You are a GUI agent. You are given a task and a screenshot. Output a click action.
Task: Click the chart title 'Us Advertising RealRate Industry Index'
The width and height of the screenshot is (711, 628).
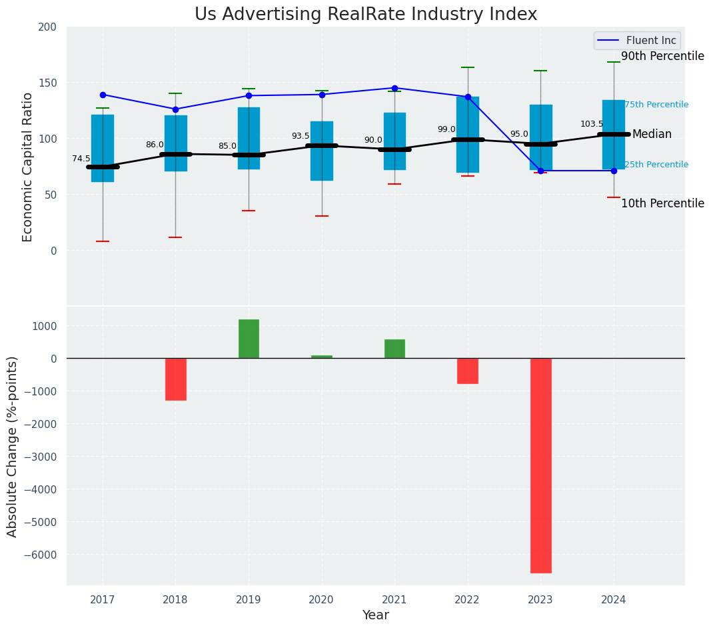tap(366, 15)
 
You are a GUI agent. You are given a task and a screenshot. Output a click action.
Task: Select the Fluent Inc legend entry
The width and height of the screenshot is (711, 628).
tap(638, 41)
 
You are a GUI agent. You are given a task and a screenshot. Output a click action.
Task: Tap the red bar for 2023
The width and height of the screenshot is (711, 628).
tap(540, 465)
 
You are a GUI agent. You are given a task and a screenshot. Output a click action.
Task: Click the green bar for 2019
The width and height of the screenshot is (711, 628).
tap(249, 339)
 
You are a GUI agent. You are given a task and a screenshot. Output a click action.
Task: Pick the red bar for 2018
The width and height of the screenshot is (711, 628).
tap(176, 379)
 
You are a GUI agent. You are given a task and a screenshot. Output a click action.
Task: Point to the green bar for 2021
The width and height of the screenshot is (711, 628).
tap(394, 349)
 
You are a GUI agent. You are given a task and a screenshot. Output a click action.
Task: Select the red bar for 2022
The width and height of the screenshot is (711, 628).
tap(468, 371)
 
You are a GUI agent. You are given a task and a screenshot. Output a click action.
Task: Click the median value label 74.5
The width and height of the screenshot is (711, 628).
tap(81, 159)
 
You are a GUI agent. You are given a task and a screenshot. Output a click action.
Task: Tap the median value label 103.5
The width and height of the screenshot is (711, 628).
tap(592, 124)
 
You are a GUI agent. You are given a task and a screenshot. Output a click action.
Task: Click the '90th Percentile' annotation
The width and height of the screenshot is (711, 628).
tap(662, 57)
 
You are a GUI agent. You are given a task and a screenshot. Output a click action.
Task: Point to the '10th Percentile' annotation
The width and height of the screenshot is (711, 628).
tap(662, 203)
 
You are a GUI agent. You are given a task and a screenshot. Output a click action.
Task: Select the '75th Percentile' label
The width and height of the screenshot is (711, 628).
tap(656, 105)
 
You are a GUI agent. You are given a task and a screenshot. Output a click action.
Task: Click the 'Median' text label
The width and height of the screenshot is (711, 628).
tap(652, 135)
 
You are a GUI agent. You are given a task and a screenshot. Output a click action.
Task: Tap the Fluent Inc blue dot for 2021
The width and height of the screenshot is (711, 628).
tap(394, 88)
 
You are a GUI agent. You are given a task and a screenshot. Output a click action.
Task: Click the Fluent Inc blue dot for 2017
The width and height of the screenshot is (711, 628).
tap(103, 95)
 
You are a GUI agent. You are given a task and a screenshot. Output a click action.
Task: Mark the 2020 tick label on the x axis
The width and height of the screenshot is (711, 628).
tap(322, 600)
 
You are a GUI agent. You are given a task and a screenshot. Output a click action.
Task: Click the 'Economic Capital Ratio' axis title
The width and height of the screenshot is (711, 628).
tap(28, 167)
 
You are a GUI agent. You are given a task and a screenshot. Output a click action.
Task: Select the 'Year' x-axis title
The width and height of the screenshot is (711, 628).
tap(376, 615)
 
